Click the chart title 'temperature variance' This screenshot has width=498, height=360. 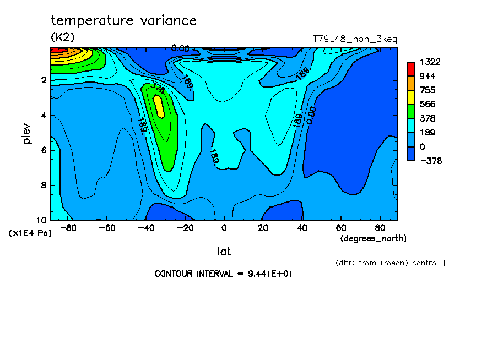(123, 21)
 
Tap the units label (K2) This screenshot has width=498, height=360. (62, 37)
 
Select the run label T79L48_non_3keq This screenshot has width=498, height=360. (355, 39)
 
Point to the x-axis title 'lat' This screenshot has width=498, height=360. (224, 252)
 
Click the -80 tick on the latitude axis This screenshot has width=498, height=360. (68, 228)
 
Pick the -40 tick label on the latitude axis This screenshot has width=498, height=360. (145, 228)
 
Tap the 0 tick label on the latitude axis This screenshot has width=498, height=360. (224, 228)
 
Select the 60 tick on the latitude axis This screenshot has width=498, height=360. (340, 228)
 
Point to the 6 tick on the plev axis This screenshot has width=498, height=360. (43, 150)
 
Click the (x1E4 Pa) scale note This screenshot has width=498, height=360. (30, 233)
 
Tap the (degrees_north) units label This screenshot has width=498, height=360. (373, 238)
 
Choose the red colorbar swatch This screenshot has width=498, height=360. (410, 68)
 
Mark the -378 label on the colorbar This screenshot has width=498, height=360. (431, 161)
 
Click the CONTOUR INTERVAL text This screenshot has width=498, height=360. (223, 274)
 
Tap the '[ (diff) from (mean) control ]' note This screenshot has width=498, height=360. (386, 263)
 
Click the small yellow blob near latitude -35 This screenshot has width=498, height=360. (159, 106)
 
